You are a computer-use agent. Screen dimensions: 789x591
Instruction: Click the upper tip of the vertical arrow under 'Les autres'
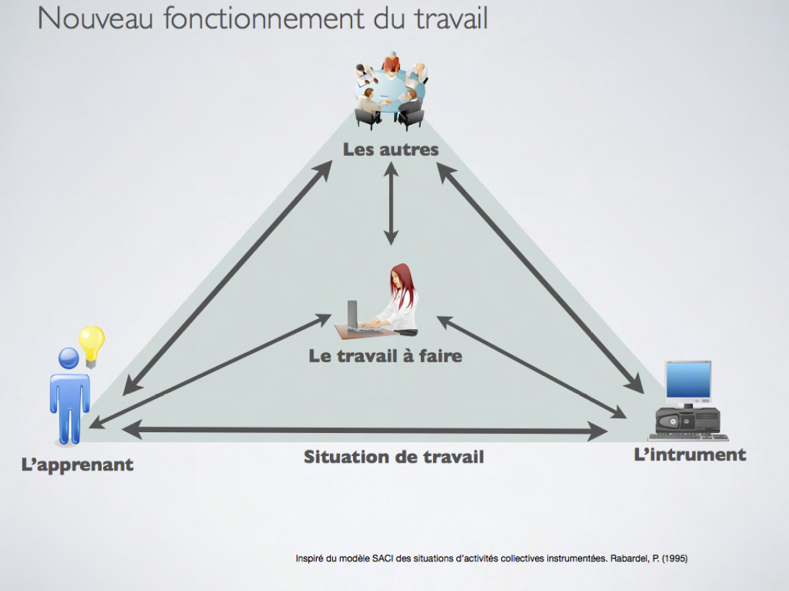coord(391,162)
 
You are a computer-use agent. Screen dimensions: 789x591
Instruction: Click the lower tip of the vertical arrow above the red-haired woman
coord(391,245)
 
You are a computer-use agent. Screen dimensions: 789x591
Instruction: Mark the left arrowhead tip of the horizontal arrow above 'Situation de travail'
coord(122,429)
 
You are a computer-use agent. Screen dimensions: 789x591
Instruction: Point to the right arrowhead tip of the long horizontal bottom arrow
coord(608,431)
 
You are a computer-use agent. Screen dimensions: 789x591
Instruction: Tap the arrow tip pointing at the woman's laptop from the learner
coord(331,315)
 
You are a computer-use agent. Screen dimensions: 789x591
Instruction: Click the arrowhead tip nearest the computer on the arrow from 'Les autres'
coord(644,393)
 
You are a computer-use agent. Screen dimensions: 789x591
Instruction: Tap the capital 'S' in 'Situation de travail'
coord(310,457)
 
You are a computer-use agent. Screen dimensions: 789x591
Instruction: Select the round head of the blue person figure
coord(69,359)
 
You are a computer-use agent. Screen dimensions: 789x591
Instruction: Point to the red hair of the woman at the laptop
coord(404,285)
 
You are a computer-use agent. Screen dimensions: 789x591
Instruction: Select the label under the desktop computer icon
coord(690,455)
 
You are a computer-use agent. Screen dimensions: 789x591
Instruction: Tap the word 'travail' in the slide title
coord(451,19)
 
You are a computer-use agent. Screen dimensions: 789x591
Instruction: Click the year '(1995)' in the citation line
coord(674,559)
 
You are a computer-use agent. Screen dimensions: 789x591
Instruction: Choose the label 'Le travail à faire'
coord(385,356)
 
